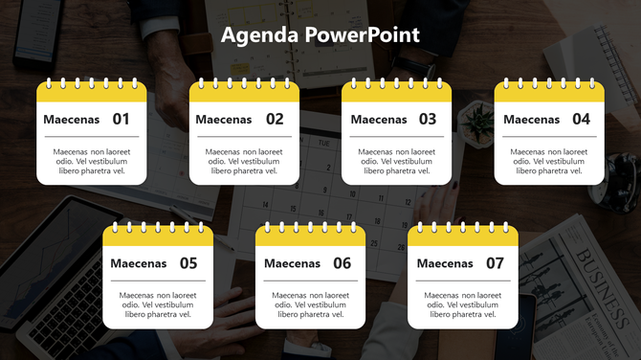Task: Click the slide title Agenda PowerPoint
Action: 320,35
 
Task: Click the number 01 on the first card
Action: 122,120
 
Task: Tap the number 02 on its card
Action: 275,120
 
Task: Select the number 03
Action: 427,120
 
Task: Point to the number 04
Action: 581,120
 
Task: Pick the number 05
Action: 188,263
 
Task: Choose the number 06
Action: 342,263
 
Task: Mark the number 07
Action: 495,263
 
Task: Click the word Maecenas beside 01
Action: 71,120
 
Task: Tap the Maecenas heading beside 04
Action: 531,120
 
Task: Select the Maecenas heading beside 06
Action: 292,263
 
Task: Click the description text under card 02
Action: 244,161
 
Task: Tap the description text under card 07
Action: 463,304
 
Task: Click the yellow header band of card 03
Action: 397,94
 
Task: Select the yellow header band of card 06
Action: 311,237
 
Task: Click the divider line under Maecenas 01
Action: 92,137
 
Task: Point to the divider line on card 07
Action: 463,281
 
